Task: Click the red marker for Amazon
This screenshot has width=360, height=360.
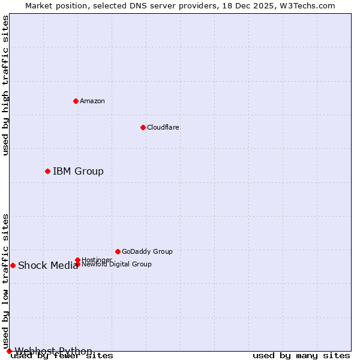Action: pos(76,101)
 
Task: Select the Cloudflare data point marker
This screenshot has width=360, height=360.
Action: pos(143,127)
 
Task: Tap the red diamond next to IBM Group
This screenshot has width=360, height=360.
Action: pos(47,172)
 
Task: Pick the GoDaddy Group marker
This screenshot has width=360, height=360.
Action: pos(118,251)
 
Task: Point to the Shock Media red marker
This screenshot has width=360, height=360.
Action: pos(13,265)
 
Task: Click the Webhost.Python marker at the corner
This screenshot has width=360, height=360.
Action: pos(9,351)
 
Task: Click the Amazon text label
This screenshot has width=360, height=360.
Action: pos(92,101)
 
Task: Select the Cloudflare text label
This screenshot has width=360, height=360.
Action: pos(163,127)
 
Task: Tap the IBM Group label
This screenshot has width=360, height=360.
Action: pos(78,172)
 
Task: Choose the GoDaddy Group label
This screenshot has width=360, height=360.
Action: pos(147,251)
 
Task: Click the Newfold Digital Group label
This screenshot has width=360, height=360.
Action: pos(116,264)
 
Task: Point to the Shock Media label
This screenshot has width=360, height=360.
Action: pos(48,266)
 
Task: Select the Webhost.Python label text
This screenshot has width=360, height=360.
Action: pos(53,351)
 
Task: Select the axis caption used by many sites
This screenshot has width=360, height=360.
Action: pos(301,356)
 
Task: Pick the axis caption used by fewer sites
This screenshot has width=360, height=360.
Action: pos(62,356)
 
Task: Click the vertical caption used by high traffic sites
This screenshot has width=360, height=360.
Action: pos(5,85)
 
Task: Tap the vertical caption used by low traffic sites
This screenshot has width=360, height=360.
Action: pos(5,281)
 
